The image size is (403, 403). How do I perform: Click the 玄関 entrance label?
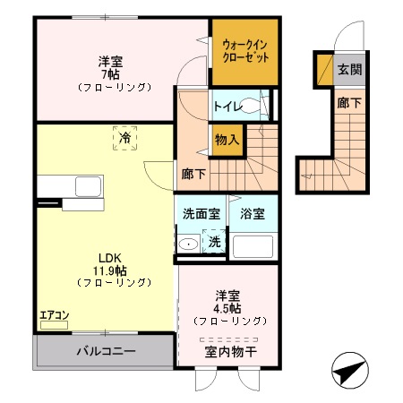[x=349, y=70]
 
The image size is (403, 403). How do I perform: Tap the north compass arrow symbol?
[x=350, y=371]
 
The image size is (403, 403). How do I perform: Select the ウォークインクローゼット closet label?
[x=245, y=51]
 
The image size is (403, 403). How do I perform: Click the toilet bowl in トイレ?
[x=251, y=106]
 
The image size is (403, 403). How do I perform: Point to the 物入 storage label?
[x=227, y=140]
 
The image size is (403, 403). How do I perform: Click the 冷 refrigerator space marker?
[x=124, y=138]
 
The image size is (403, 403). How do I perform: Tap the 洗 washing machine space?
[x=214, y=241]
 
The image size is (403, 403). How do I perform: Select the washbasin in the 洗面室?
[x=188, y=244]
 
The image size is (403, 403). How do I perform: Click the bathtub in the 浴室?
[x=253, y=246]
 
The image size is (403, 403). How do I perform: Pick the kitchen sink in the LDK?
[x=88, y=186]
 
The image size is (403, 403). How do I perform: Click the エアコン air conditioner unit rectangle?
[x=54, y=325]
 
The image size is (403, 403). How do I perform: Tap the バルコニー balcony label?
[x=107, y=351]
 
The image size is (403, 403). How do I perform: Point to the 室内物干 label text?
[x=231, y=352]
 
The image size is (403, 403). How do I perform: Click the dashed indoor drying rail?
[x=229, y=339]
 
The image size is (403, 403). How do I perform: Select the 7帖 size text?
[x=110, y=74]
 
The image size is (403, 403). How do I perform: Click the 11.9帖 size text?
[x=110, y=271]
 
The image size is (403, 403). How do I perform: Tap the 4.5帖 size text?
[x=227, y=309]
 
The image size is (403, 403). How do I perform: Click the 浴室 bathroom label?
[x=253, y=214]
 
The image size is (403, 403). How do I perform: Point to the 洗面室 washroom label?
[x=201, y=214]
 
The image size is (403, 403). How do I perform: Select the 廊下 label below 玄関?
[x=349, y=104]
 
